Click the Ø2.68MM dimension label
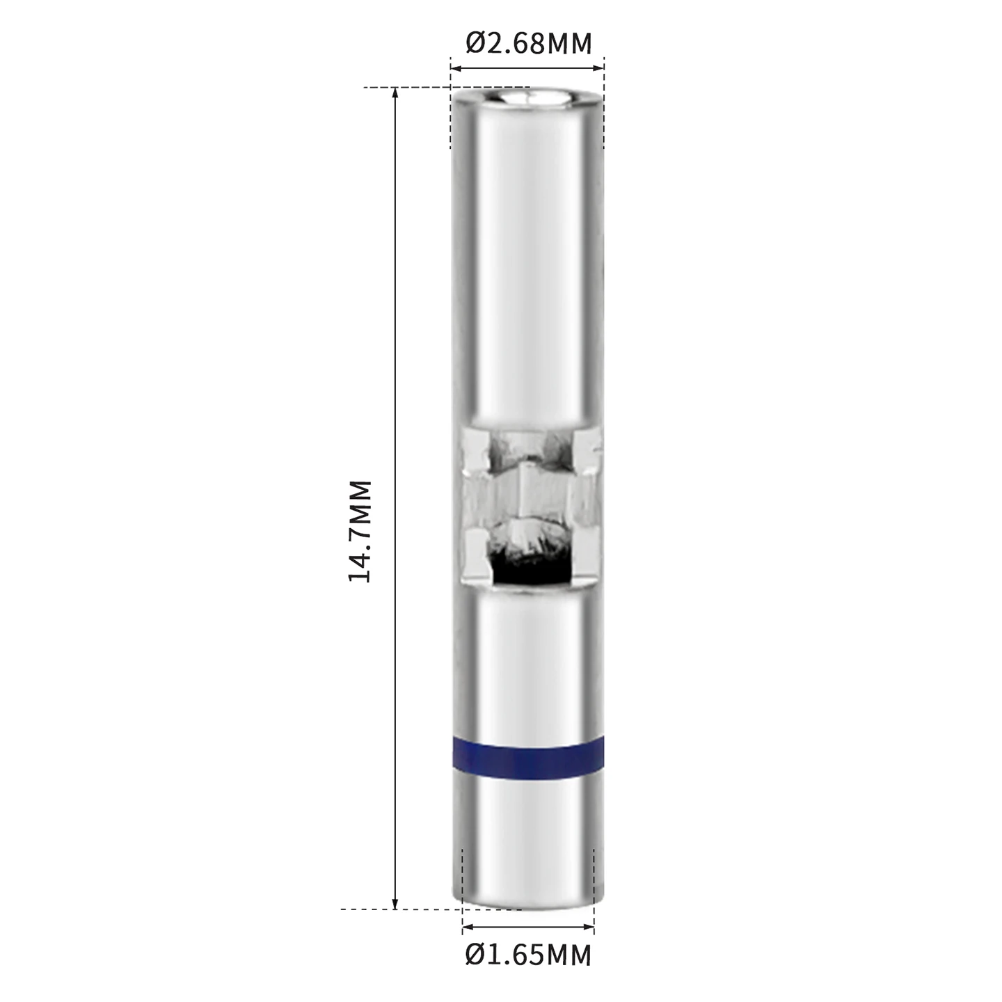[x=529, y=44]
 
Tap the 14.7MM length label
[x=360, y=531]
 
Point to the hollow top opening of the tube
[x=528, y=97]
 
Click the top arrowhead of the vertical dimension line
[x=395, y=93]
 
